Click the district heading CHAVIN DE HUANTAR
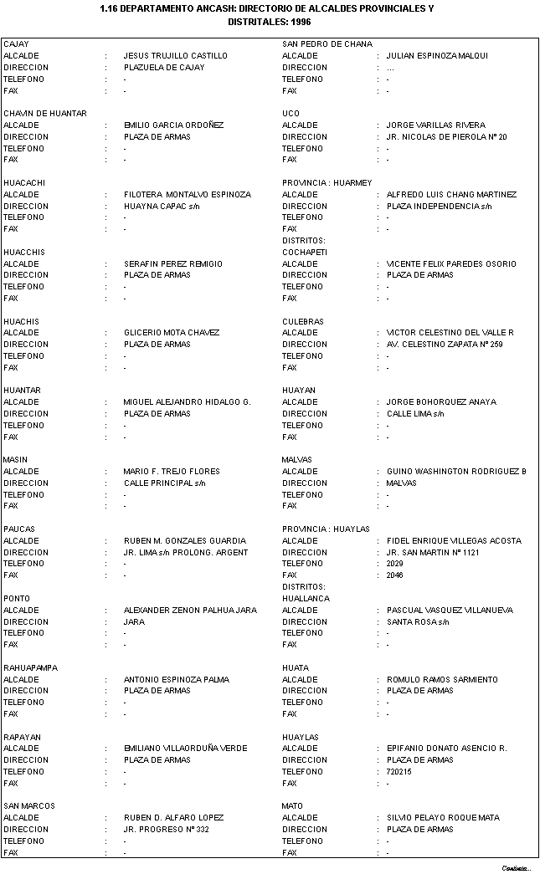[45, 114]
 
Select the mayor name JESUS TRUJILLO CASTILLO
[176, 56]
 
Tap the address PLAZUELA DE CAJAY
[164, 68]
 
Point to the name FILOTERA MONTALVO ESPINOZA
[188, 195]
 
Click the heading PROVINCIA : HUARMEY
[327, 183]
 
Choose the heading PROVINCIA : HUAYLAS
[326, 529]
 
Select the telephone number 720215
[399, 772]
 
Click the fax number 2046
[394, 575]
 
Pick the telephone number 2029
[394, 564]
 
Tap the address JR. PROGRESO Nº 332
[167, 830]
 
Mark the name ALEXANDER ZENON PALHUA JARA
[190, 611]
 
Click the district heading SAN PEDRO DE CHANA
[327, 44]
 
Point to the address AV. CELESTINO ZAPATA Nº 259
[445, 345]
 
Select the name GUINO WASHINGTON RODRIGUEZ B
[456, 472]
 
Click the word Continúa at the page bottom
[517, 867]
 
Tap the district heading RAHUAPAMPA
[28, 668]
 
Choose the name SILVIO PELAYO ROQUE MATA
[443, 818]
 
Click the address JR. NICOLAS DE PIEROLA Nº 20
[446, 137]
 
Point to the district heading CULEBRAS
[303, 322]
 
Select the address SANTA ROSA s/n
[418, 622]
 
